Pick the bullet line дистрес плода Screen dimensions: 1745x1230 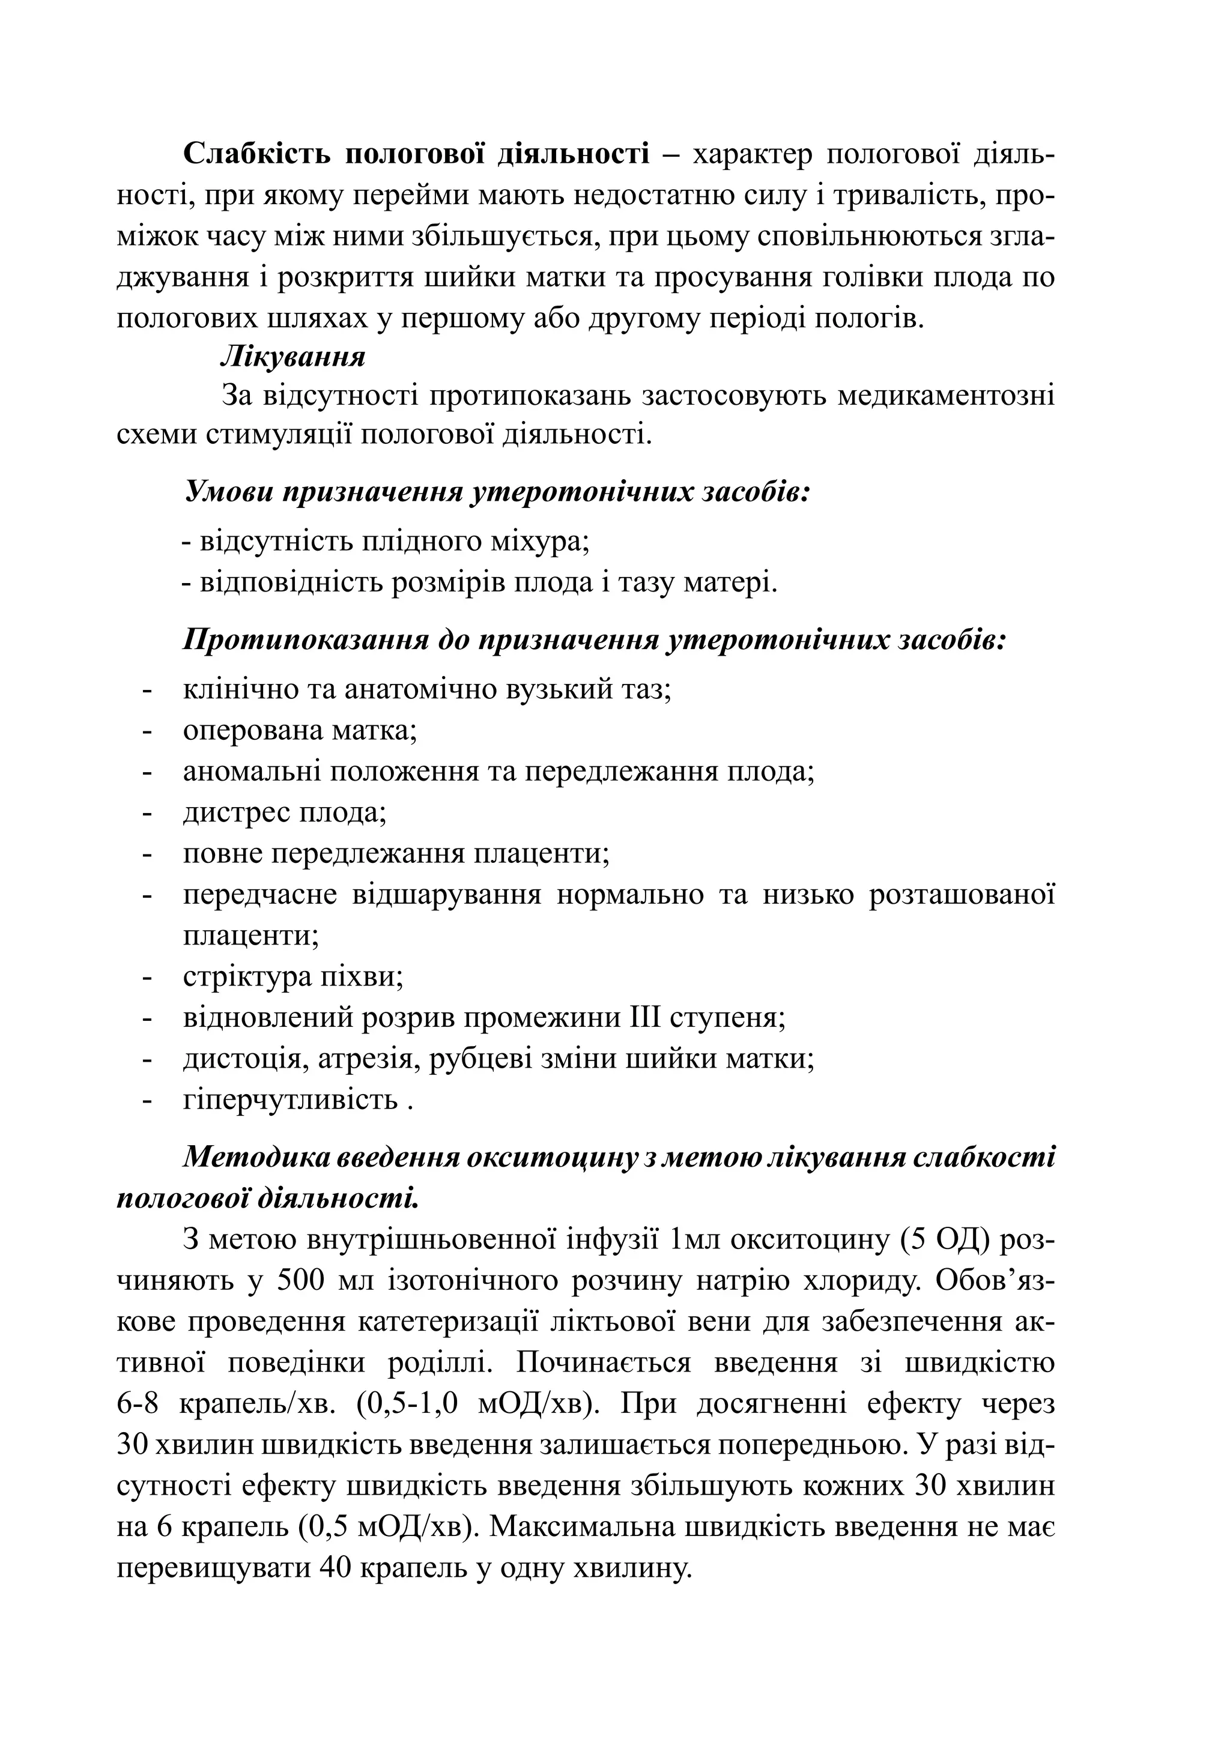tap(285, 812)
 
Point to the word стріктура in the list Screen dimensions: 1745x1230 tap(243, 976)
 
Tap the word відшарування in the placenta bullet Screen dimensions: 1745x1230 tap(446, 895)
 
